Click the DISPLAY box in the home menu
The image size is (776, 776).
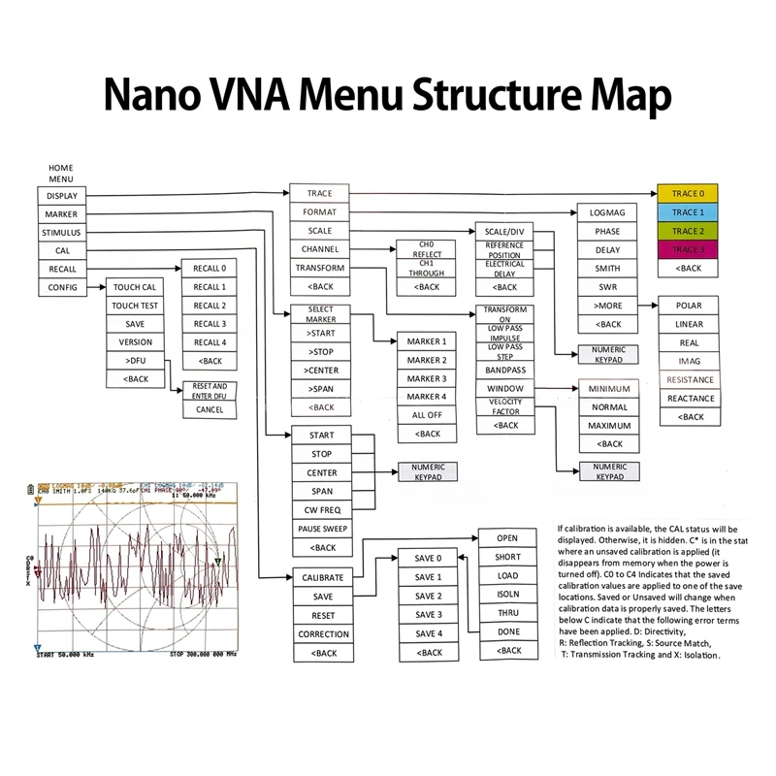[61, 195]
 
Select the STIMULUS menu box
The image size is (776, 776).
[61, 233]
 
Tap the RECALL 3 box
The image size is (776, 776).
[210, 324]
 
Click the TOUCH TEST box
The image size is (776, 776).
[135, 306]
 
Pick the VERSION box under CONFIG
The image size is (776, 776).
[135, 342]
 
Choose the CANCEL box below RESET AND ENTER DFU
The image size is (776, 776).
[210, 409]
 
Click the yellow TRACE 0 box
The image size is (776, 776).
[688, 193]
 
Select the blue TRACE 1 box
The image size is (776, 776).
[688, 211]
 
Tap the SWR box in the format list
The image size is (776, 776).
[608, 287]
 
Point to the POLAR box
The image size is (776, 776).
[690, 306]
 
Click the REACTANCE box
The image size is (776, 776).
[690, 399]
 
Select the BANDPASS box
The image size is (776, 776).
[504, 371]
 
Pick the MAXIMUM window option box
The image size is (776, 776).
[608, 426]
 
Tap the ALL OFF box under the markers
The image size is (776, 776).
[427, 415]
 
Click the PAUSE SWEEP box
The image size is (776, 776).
[321, 529]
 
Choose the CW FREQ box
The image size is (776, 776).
[321, 510]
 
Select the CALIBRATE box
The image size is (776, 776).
[323, 578]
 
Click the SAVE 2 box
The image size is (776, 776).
[428, 597]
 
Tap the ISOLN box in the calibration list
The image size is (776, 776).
[507, 595]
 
